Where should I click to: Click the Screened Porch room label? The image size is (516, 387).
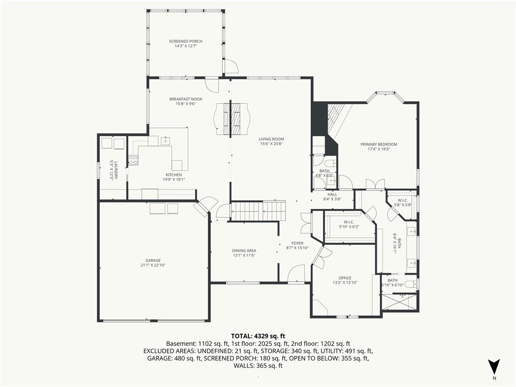click(x=185, y=41)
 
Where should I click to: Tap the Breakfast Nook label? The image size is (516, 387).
click(x=186, y=99)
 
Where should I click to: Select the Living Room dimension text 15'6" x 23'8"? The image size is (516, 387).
click(x=271, y=144)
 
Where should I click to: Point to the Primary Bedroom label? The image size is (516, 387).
click(x=379, y=144)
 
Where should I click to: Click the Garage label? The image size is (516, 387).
click(x=153, y=261)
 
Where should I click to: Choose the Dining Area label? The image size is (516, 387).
click(x=244, y=250)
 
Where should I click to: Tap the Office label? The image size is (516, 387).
click(x=345, y=278)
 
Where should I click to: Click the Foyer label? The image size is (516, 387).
click(x=297, y=243)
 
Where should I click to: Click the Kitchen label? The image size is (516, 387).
click(x=173, y=175)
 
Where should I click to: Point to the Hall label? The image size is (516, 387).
click(x=332, y=195)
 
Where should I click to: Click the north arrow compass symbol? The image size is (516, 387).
click(x=494, y=366)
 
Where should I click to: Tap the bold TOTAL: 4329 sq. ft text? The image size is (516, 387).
click(x=258, y=336)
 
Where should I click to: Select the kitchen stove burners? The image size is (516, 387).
click(x=133, y=160)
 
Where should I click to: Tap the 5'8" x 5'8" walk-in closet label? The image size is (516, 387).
click(x=403, y=203)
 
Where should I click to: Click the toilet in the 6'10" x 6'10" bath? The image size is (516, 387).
click(x=411, y=284)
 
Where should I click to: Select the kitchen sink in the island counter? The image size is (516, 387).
click(x=165, y=141)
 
